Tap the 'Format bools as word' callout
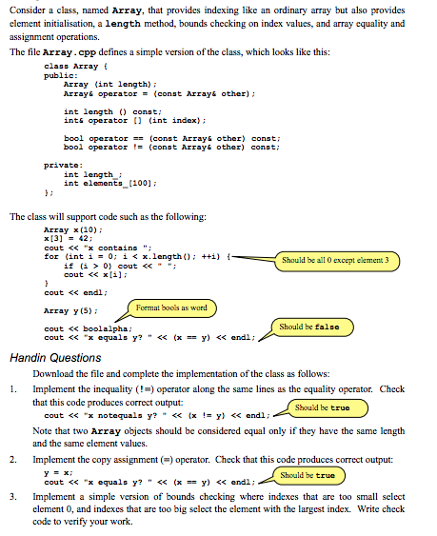171,308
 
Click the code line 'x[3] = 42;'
66,240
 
